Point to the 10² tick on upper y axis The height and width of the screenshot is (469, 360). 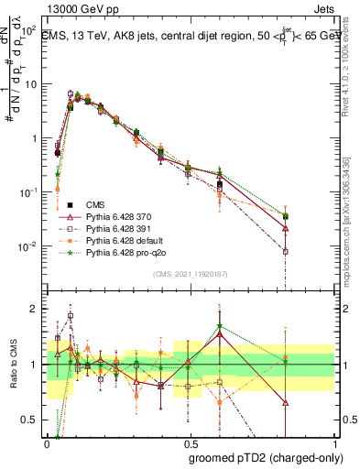pyautogui.click(x=31, y=28)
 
